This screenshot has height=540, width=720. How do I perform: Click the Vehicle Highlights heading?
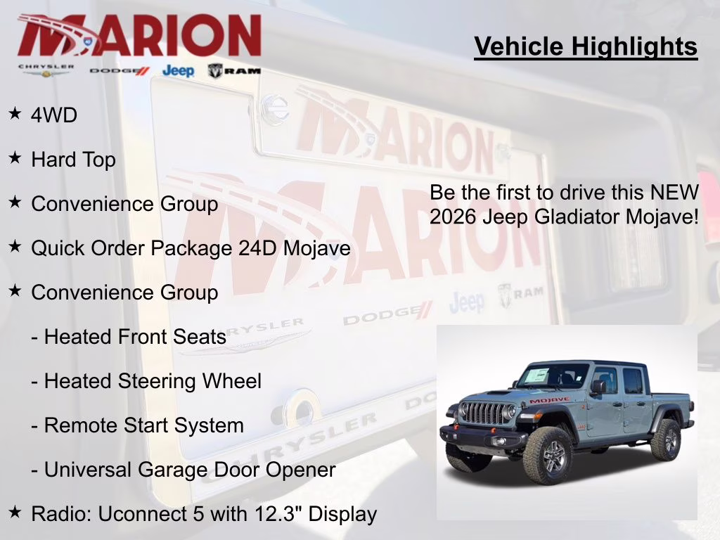pyautogui.click(x=586, y=46)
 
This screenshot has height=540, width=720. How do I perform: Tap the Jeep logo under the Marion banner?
pyautogui.click(x=178, y=70)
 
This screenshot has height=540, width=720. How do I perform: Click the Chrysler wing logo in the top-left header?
pyautogui.click(x=46, y=70)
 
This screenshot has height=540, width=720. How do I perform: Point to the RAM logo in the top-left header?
pyautogui.click(x=234, y=70)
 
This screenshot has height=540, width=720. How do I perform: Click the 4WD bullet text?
pyautogui.click(x=54, y=115)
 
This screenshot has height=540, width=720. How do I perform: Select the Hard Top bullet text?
pyautogui.click(x=73, y=160)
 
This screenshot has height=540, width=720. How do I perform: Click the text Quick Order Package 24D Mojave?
pyautogui.click(x=191, y=248)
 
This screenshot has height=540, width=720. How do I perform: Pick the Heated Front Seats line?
pyautogui.click(x=129, y=337)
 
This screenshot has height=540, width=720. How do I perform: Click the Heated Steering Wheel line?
pyautogui.click(x=146, y=381)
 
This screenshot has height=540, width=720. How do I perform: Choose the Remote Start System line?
pyautogui.click(x=137, y=425)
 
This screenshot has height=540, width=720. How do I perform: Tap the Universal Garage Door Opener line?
pyautogui.click(x=184, y=470)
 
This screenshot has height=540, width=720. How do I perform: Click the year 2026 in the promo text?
pyautogui.click(x=453, y=216)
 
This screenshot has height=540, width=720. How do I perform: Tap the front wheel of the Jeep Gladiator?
pyautogui.click(x=548, y=458)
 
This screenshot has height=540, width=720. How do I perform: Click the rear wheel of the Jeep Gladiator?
pyautogui.click(x=665, y=439)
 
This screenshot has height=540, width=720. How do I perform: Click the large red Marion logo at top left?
pyautogui.click(x=139, y=35)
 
